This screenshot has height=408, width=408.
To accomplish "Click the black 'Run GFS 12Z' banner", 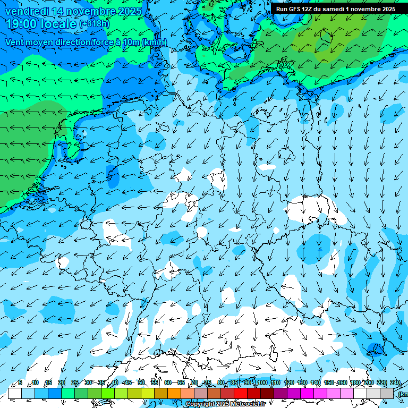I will tap(335, 9).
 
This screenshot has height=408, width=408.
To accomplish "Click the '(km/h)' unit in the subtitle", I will tap(154, 42).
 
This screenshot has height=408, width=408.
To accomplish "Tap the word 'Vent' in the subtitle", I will tap(15, 42).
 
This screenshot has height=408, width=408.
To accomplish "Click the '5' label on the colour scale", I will tap(20, 382).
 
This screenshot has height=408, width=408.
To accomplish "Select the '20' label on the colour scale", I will tap(61, 382).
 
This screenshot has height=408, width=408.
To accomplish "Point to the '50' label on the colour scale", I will tap(141, 382).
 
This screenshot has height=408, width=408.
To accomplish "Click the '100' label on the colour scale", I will tap(262, 382).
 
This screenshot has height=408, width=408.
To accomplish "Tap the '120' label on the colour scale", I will tap(289, 382).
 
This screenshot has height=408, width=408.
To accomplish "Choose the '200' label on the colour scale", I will tap(369, 382).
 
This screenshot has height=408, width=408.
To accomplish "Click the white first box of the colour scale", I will tap(15, 393).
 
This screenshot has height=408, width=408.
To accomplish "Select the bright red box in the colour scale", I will tap(241, 393).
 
